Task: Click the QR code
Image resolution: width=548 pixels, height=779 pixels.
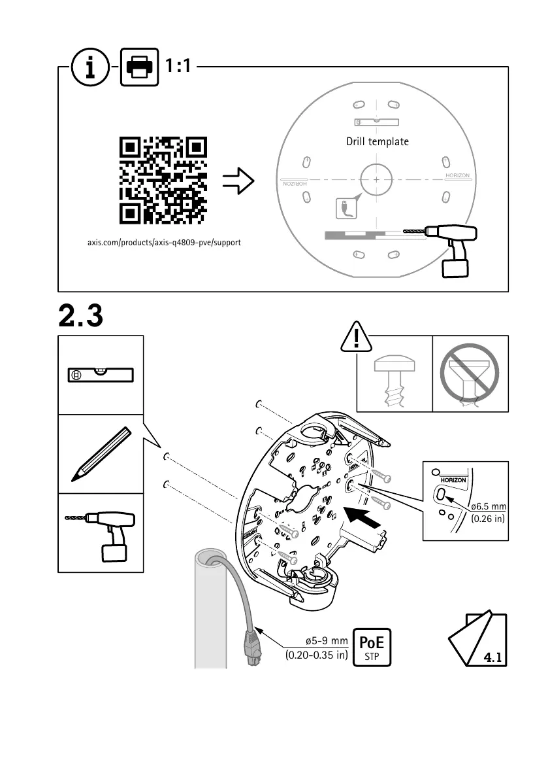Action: point(163,179)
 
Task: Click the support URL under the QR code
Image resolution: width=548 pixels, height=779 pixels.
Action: point(165,243)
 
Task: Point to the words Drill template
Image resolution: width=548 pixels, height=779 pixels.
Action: point(378,142)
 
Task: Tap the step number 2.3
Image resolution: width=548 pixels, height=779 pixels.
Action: point(81,317)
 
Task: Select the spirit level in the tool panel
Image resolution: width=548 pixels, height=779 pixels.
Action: point(101,374)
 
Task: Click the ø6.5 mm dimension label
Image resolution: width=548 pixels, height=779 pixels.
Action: point(488,506)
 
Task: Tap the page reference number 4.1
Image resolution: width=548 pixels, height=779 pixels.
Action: point(492,657)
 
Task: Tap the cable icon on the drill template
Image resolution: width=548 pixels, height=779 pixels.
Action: point(343,209)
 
